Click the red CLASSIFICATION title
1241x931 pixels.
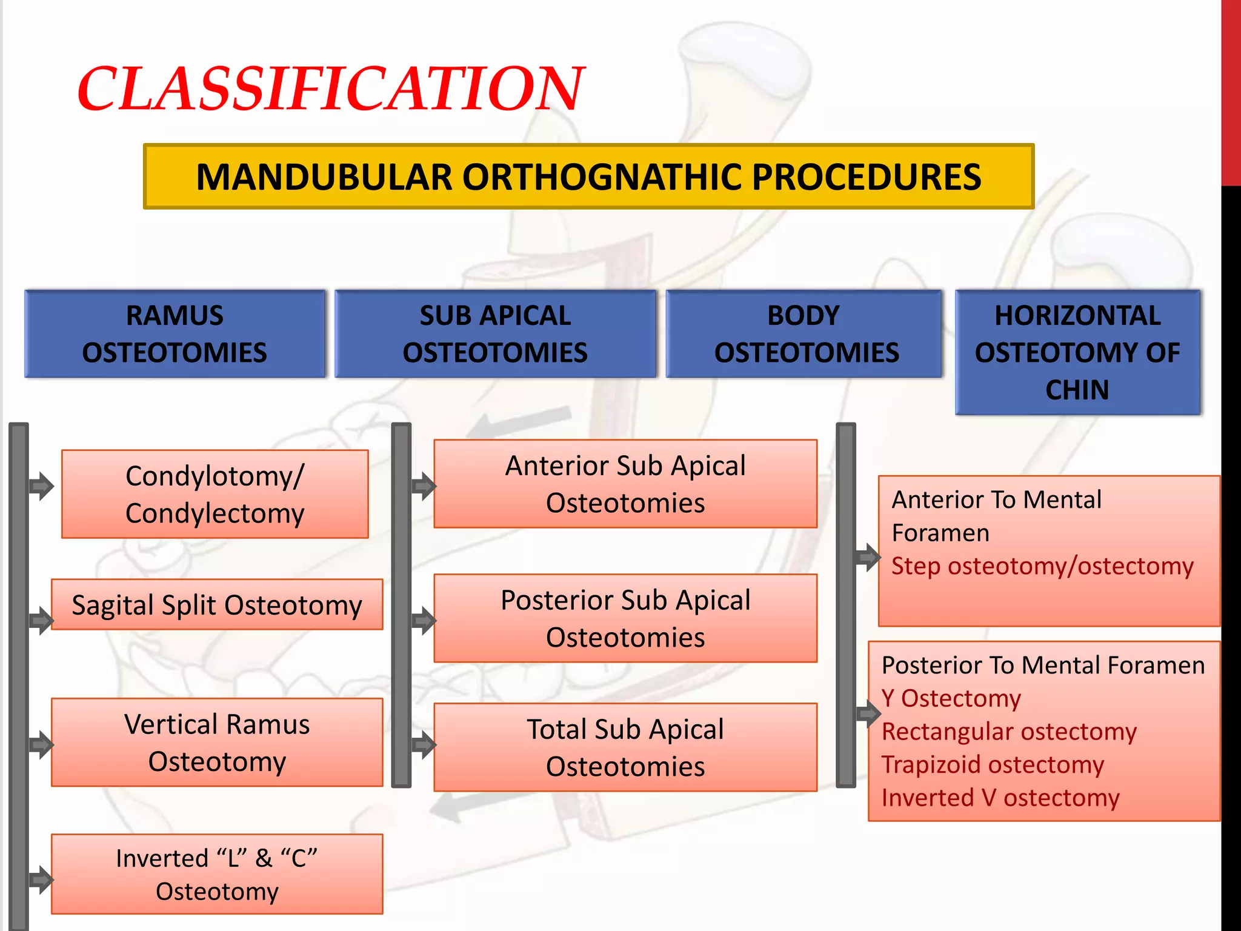pos(330,90)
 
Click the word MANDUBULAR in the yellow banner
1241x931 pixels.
pos(324,178)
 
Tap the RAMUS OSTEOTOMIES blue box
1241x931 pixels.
pos(175,334)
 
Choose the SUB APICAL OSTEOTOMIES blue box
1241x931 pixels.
pos(495,334)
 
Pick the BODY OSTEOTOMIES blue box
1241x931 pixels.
pos(804,334)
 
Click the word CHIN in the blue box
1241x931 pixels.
pos(1077,390)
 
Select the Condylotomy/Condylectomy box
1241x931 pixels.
pos(215,494)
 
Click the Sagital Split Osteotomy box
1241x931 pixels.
pos(217,605)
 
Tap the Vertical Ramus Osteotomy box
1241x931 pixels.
pos(217,742)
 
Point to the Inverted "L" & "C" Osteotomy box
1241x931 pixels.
pos(217,874)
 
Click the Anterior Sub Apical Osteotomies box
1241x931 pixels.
pos(625,484)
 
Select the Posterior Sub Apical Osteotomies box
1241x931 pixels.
pos(625,618)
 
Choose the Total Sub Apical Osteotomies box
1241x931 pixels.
pos(625,747)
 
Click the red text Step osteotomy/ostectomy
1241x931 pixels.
pos(1042,566)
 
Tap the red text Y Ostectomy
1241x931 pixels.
pos(951,698)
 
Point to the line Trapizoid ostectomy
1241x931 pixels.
pos(993,764)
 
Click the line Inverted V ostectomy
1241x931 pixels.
pos(1000,798)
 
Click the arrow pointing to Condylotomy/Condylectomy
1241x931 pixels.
pos(42,486)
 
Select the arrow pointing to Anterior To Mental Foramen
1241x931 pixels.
pos(868,556)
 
